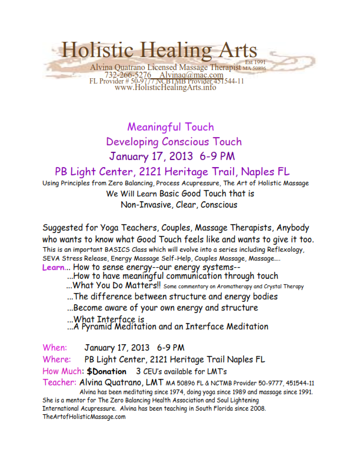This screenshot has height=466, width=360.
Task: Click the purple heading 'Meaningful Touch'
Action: [x=171, y=127]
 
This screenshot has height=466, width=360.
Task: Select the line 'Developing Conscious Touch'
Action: [x=174, y=142]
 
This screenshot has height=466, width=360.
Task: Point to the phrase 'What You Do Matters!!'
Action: [x=114, y=286]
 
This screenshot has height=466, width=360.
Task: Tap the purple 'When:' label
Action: [x=55, y=348]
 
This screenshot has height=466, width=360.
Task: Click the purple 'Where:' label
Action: [x=57, y=359]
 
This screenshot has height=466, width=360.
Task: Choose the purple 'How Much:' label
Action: [x=64, y=371]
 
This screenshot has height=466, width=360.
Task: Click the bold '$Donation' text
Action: [x=106, y=371]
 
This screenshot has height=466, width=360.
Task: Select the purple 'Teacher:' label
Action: [x=59, y=382]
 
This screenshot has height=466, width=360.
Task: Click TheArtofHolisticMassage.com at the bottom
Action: [x=84, y=417]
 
